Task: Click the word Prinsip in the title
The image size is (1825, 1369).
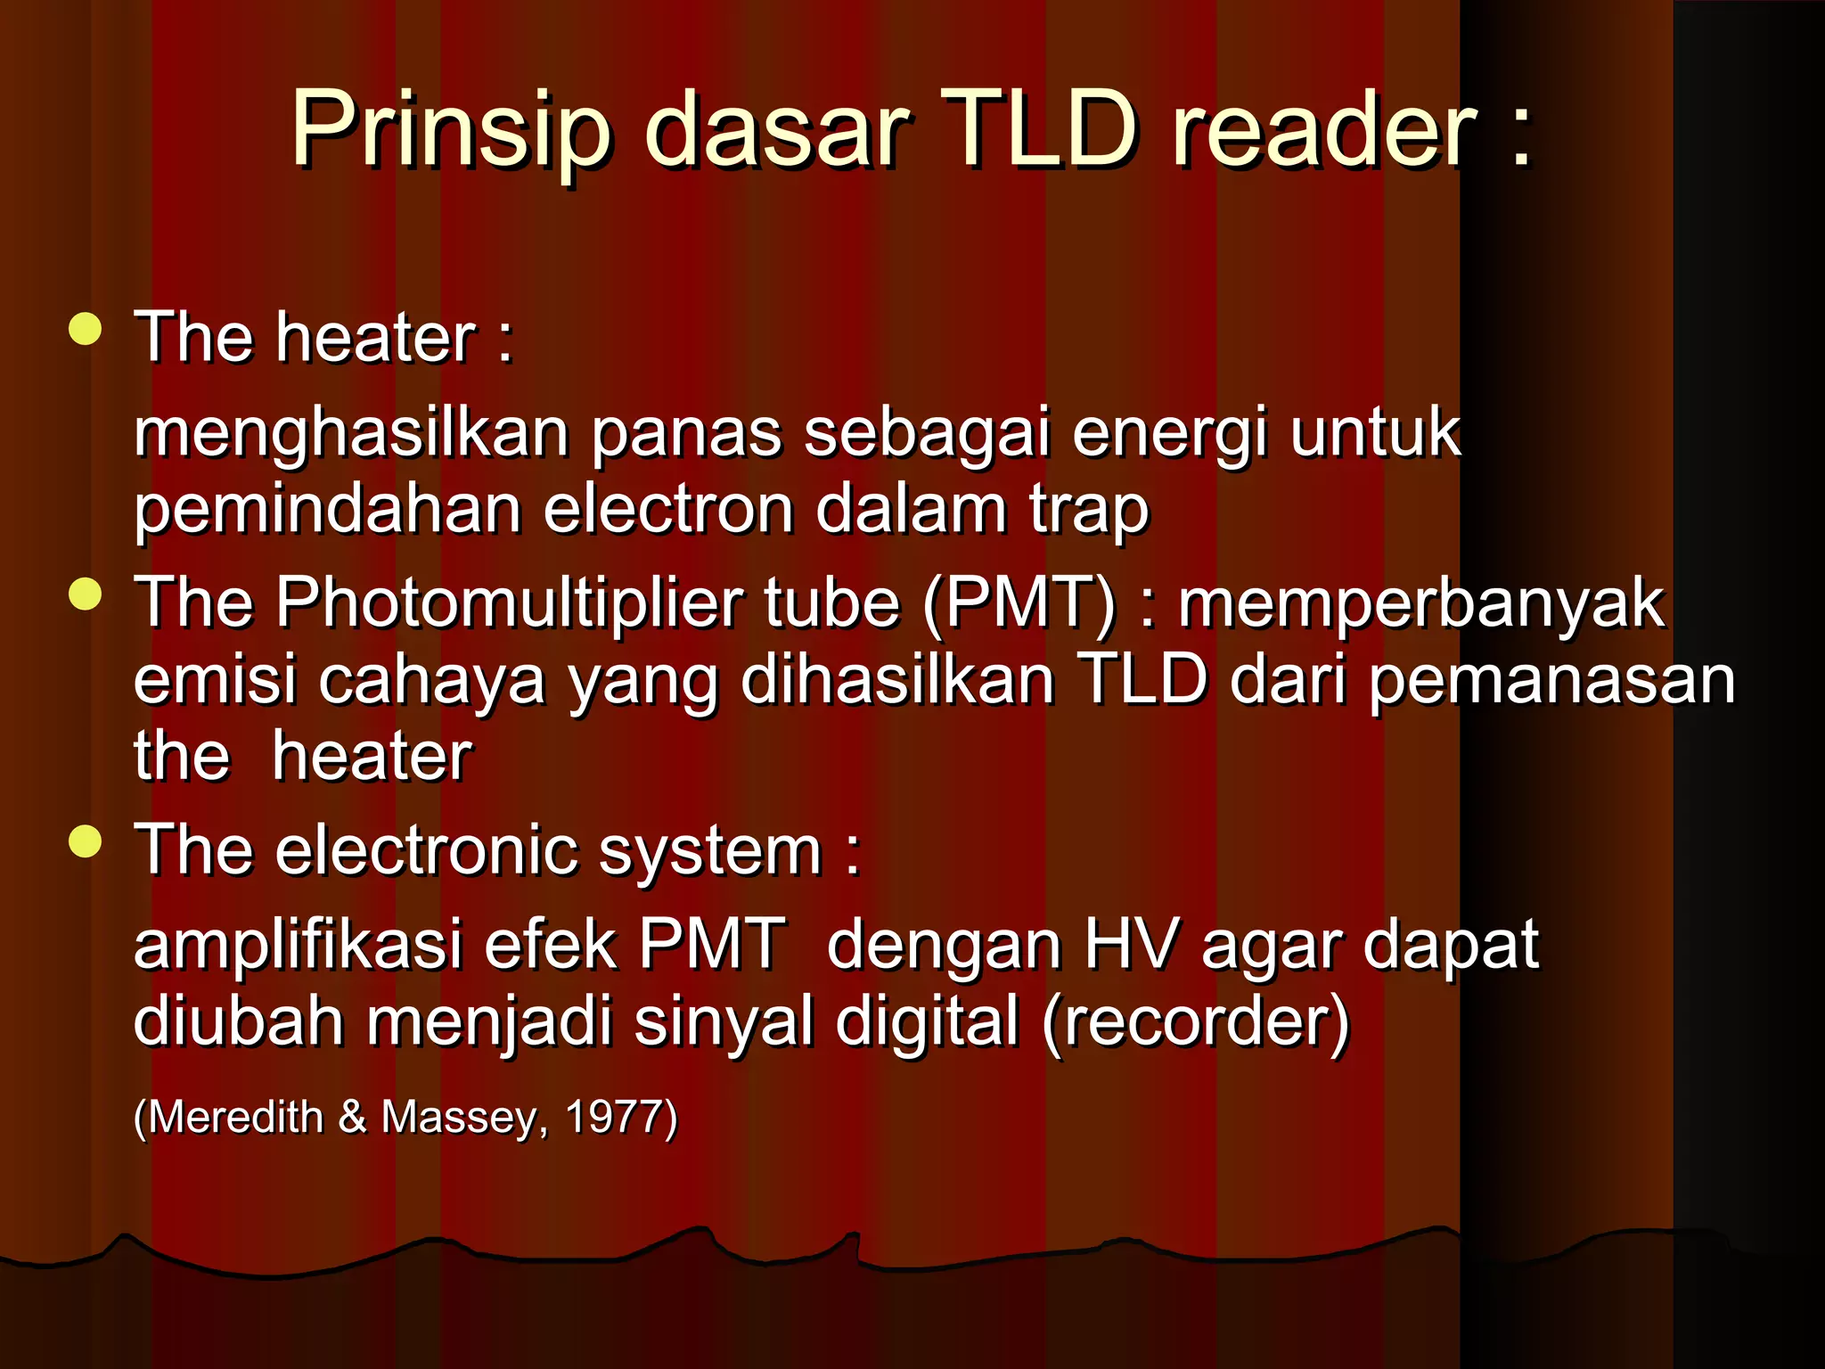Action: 451,131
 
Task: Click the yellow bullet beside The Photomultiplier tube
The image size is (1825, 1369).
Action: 86,594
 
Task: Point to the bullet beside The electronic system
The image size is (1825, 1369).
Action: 86,840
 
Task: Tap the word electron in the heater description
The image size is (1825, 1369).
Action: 668,510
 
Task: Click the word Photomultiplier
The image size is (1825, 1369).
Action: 509,603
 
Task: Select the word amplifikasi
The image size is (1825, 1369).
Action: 298,945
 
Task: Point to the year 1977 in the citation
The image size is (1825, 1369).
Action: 620,1117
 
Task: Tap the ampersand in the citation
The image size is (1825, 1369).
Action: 353,1117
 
